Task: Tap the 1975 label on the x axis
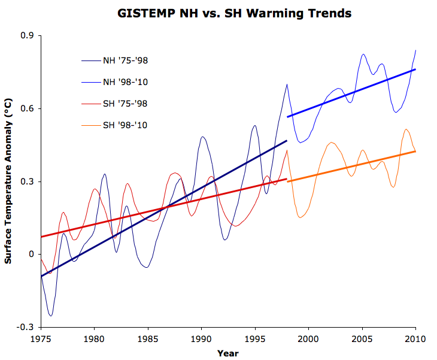click(x=41, y=340)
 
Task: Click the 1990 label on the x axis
click(x=201, y=340)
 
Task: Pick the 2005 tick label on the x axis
click(x=362, y=340)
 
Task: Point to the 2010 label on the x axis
click(x=415, y=340)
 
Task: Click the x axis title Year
click(x=227, y=353)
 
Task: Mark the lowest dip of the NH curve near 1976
click(x=51, y=315)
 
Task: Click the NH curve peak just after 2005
click(x=363, y=54)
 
